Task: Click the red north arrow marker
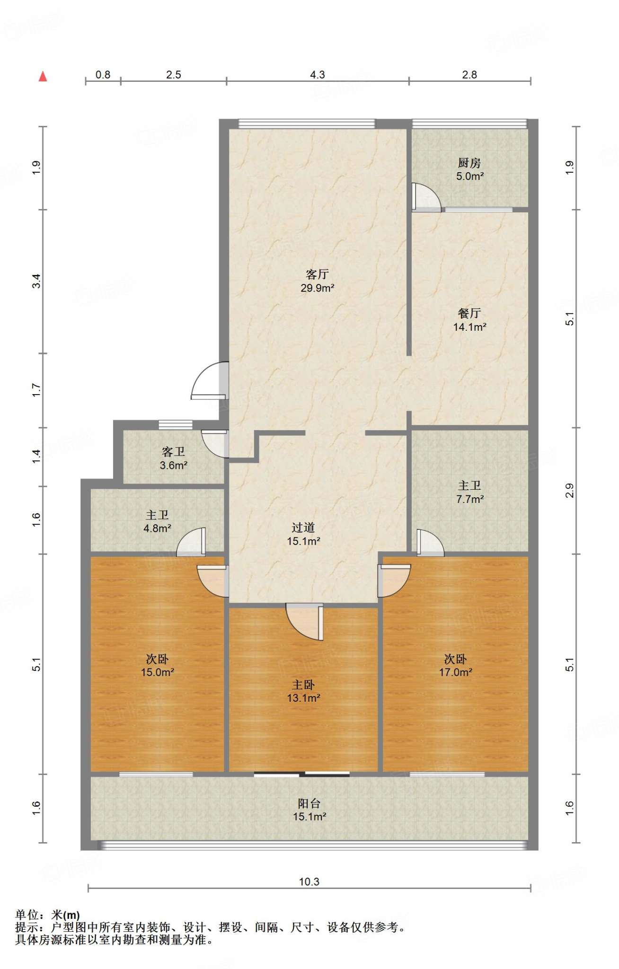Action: [x=43, y=76]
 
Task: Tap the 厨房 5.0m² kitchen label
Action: [x=469, y=170]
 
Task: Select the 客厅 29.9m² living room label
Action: [x=318, y=281]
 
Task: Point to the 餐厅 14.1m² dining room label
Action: [x=469, y=320]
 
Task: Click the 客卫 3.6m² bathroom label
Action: [x=174, y=458]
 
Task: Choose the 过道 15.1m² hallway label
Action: [x=303, y=534]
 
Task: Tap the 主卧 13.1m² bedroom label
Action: [x=303, y=691]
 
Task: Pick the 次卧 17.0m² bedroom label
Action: [x=455, y=666]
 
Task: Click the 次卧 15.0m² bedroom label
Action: [x=157, y=666]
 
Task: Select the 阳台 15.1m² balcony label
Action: [x=309, y=810]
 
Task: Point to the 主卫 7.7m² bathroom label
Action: [x=469, y=492]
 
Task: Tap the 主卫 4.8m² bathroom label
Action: [x=157, y=521]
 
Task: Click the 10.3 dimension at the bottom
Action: [x=309, y=882]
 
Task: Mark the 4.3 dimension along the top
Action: [x=318, y=75]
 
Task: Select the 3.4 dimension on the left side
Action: [x=36, y=282]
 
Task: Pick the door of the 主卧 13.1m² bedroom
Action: [x=305, y=622]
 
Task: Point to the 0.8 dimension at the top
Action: [x=103, y=75]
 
